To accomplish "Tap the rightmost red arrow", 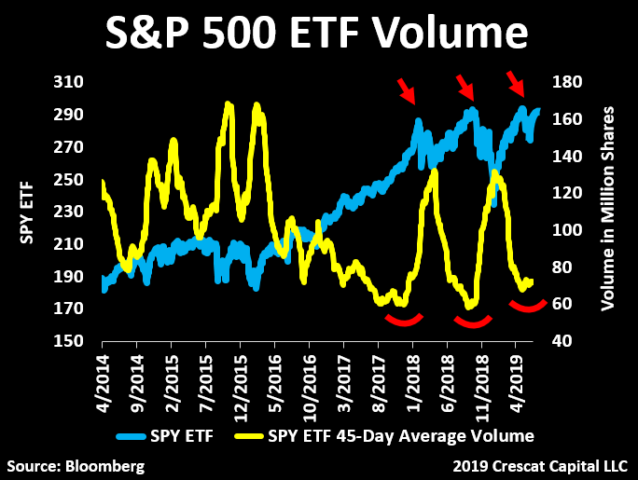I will click(515, 83).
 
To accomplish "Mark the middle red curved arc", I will click(472, 322).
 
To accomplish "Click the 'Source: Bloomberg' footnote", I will click(76, 464).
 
